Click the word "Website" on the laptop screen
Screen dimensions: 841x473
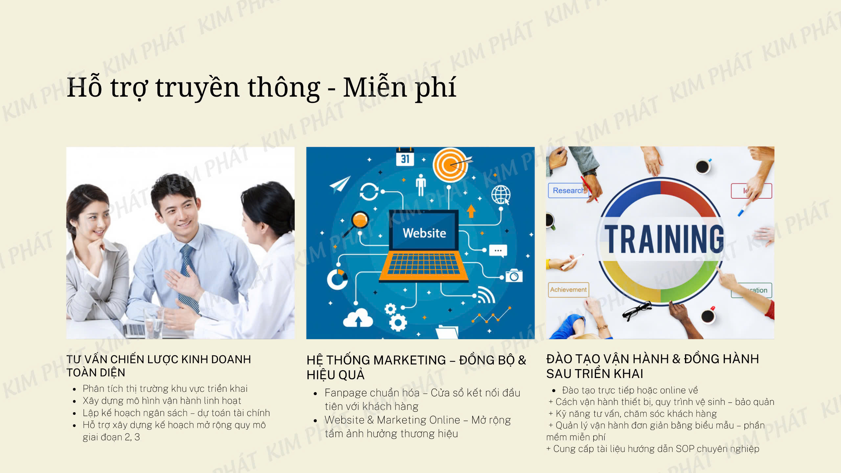(424, 233)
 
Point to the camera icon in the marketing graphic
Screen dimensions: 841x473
(514, 275)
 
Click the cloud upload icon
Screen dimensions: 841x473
(358, 318)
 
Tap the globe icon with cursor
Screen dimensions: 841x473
(501, 195)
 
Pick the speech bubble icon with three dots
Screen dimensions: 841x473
(498, 250)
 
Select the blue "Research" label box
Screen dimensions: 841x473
(567, 191)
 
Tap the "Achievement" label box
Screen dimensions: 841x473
(568, 290)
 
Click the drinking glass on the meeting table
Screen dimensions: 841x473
(154, 322)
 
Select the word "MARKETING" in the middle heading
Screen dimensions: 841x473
(410, 360)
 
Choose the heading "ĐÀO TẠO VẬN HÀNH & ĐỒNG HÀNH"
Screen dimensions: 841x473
(652, 359)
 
